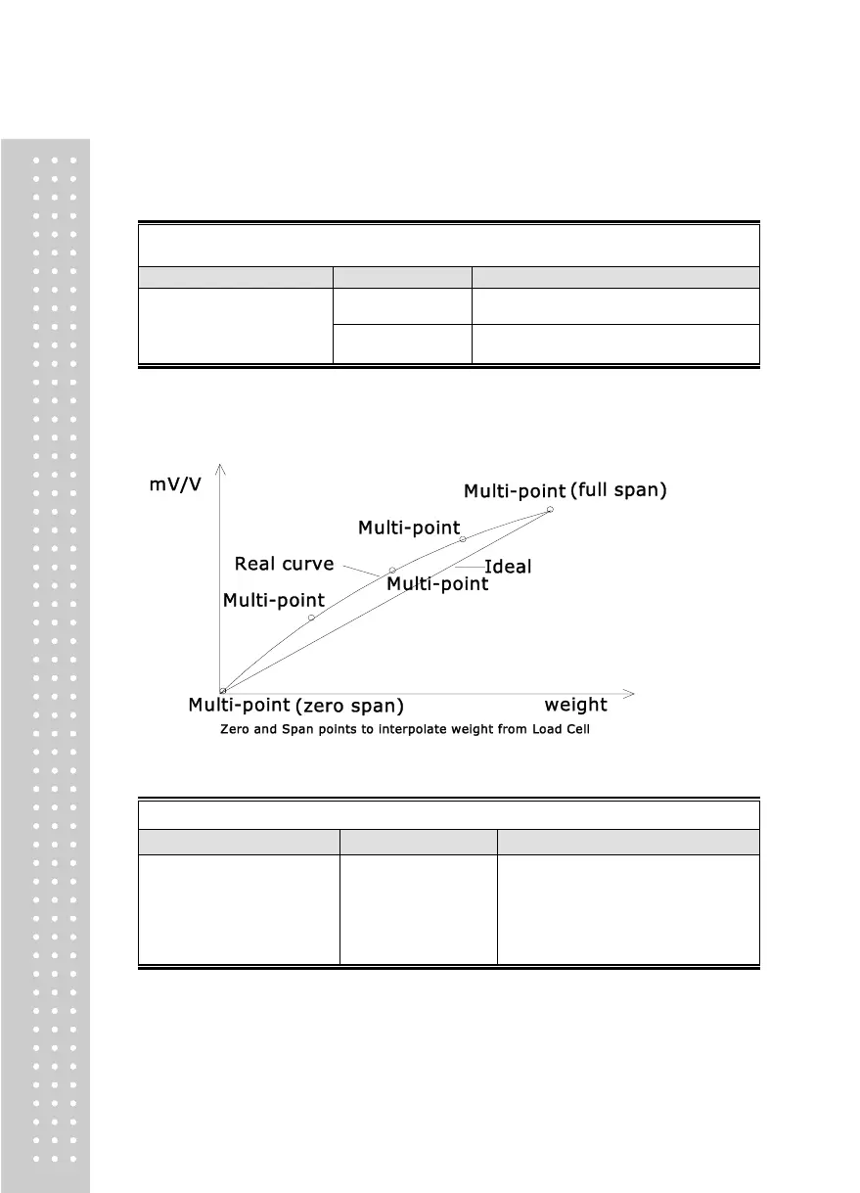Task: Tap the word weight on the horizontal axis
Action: click(575, 705)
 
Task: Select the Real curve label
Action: click(284, 564)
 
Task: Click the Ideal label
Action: click(508, 567)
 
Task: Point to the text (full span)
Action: click(618, 490)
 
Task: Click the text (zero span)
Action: click(349, 706)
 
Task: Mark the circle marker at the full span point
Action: click(550, 509)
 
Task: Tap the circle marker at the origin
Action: click(222, 691)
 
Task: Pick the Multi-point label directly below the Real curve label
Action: click(273, 601)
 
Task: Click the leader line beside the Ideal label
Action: click(470, 567)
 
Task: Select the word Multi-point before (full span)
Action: click(514, 490)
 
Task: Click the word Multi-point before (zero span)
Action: click(239, 706)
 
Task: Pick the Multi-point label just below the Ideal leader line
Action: click(437, 584)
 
